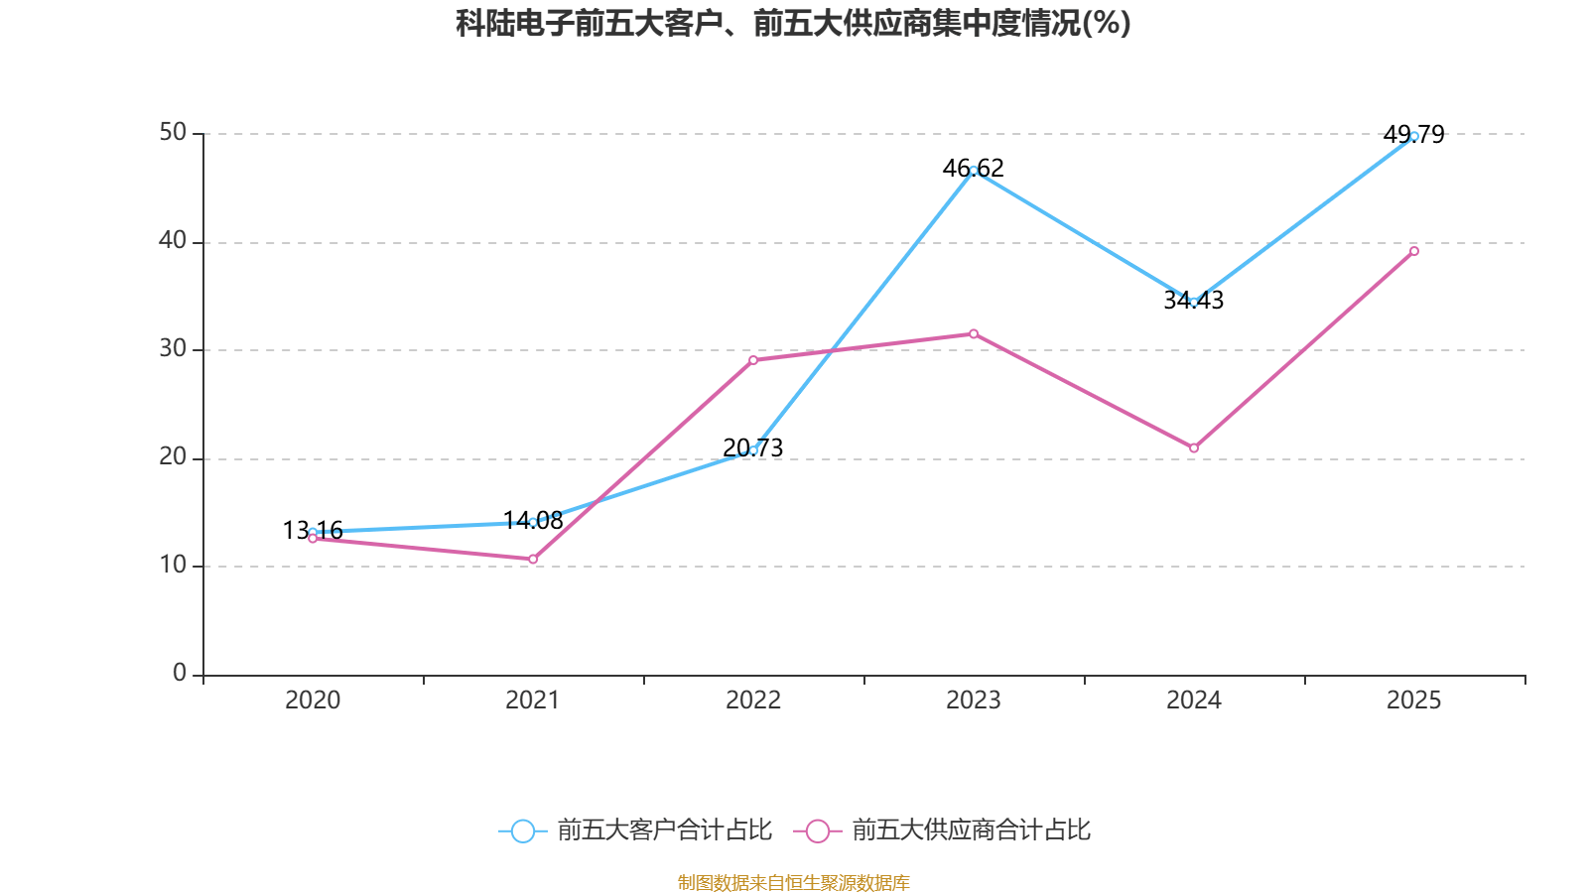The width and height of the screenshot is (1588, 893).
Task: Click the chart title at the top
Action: pyautogui.click(x=793, y=23)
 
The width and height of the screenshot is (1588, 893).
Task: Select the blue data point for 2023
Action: pyautogui.click(x=974, y=171)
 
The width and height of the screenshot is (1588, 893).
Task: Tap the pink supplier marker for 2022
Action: pyautogui.click(x=753, y=360)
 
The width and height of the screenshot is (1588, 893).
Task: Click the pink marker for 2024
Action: pyautogui.click(x=1194, y=448)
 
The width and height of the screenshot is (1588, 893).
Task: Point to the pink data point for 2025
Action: pyautogui.click(x=1414, y=251)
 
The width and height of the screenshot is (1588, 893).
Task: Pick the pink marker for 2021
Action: pyautogui.click(x=533, y=560)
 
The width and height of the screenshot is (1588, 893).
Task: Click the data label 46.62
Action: pyautogui.click(x=974, y=168)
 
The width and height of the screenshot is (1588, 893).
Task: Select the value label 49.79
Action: pyautogui.click(x=1414, y=134)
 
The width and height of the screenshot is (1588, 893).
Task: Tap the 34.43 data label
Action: pyautogui.click(x=1194, y=300)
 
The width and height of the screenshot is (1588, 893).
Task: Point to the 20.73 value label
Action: pyautogui.click(x=753, y=447)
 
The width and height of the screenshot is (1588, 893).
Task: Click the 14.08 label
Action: pyautogui.click(x=533, y=520)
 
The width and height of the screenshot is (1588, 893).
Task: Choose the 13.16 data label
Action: pyautogui.click(x=313, y=530)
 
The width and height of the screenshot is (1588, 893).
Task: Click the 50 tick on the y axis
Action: pyautogui.click(x=173, y=133)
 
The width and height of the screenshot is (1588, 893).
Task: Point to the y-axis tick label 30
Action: pyautogui.click(x=173, y=349)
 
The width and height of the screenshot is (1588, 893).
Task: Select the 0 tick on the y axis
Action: pyautogui.click(x=180, y=674)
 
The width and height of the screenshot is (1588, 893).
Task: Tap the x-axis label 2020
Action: pyautogui.click(x=313, y=701)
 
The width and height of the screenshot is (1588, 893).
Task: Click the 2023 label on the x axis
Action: pyautogui.click(x=974, y=701)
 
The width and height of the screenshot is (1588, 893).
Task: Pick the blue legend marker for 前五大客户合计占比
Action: pyautogui.click(x=523, y=830)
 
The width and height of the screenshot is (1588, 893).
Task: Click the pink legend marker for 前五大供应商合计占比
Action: pyautogui.click(x=818, y=830)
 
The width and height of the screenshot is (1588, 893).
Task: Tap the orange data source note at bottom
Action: pyautogui.click(x=793, y=882)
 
